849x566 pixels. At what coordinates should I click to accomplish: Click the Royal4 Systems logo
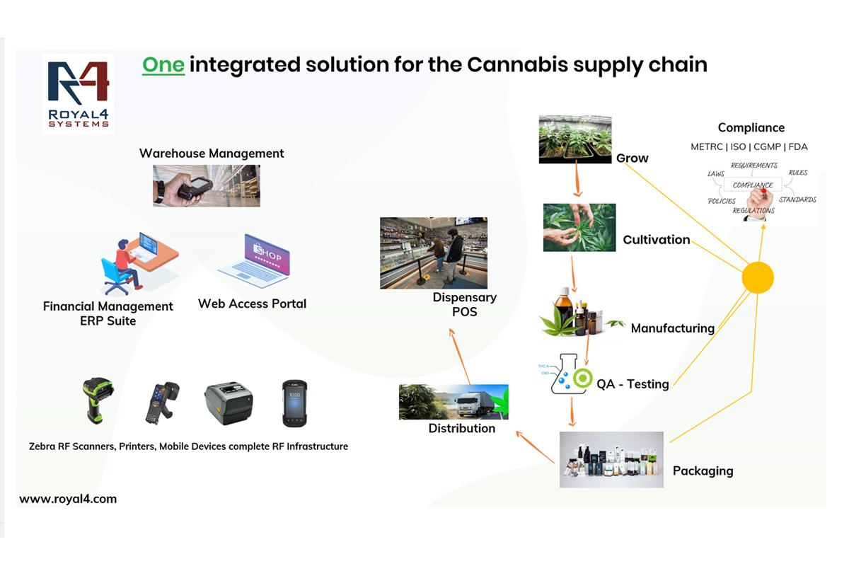pyautogui.click(x=78, y=94)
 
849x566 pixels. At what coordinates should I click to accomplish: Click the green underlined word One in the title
pyautogui.click(x=163, y=65)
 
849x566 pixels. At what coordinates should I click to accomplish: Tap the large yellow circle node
pyautogui.click(x=757, y=278)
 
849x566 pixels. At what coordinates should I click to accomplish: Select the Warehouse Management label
pyautogui.click(x=212, y=154)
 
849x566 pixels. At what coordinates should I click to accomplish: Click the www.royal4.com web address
pyautogui.click(x=68, y=499)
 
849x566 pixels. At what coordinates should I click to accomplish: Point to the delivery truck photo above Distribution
pyautogui.click(x=454, y=402)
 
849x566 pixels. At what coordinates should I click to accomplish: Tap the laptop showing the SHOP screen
pyautogui.click(x=253, y=262)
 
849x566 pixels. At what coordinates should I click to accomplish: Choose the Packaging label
pyautogui.click(x=703, y=470)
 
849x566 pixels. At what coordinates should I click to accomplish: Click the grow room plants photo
pyautogui.click(x=575, y=139)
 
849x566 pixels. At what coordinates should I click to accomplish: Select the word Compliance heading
pyautogui.click(x=751, y=128)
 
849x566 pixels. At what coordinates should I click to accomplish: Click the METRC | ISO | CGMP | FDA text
pyautogui.click(x=749, y=147)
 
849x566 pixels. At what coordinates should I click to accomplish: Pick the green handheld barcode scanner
pyautogui.click(x=96, y=400)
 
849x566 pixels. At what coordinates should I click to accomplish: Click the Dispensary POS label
pyautogui.click(x=465, y=304)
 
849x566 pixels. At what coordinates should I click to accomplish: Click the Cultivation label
pyautogui.click(x=656, y=240)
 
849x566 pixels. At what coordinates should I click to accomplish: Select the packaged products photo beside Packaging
pyautogui.click(x=611, y=459)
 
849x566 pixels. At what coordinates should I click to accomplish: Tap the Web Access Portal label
pyautogui.click(x=252, y=304)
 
